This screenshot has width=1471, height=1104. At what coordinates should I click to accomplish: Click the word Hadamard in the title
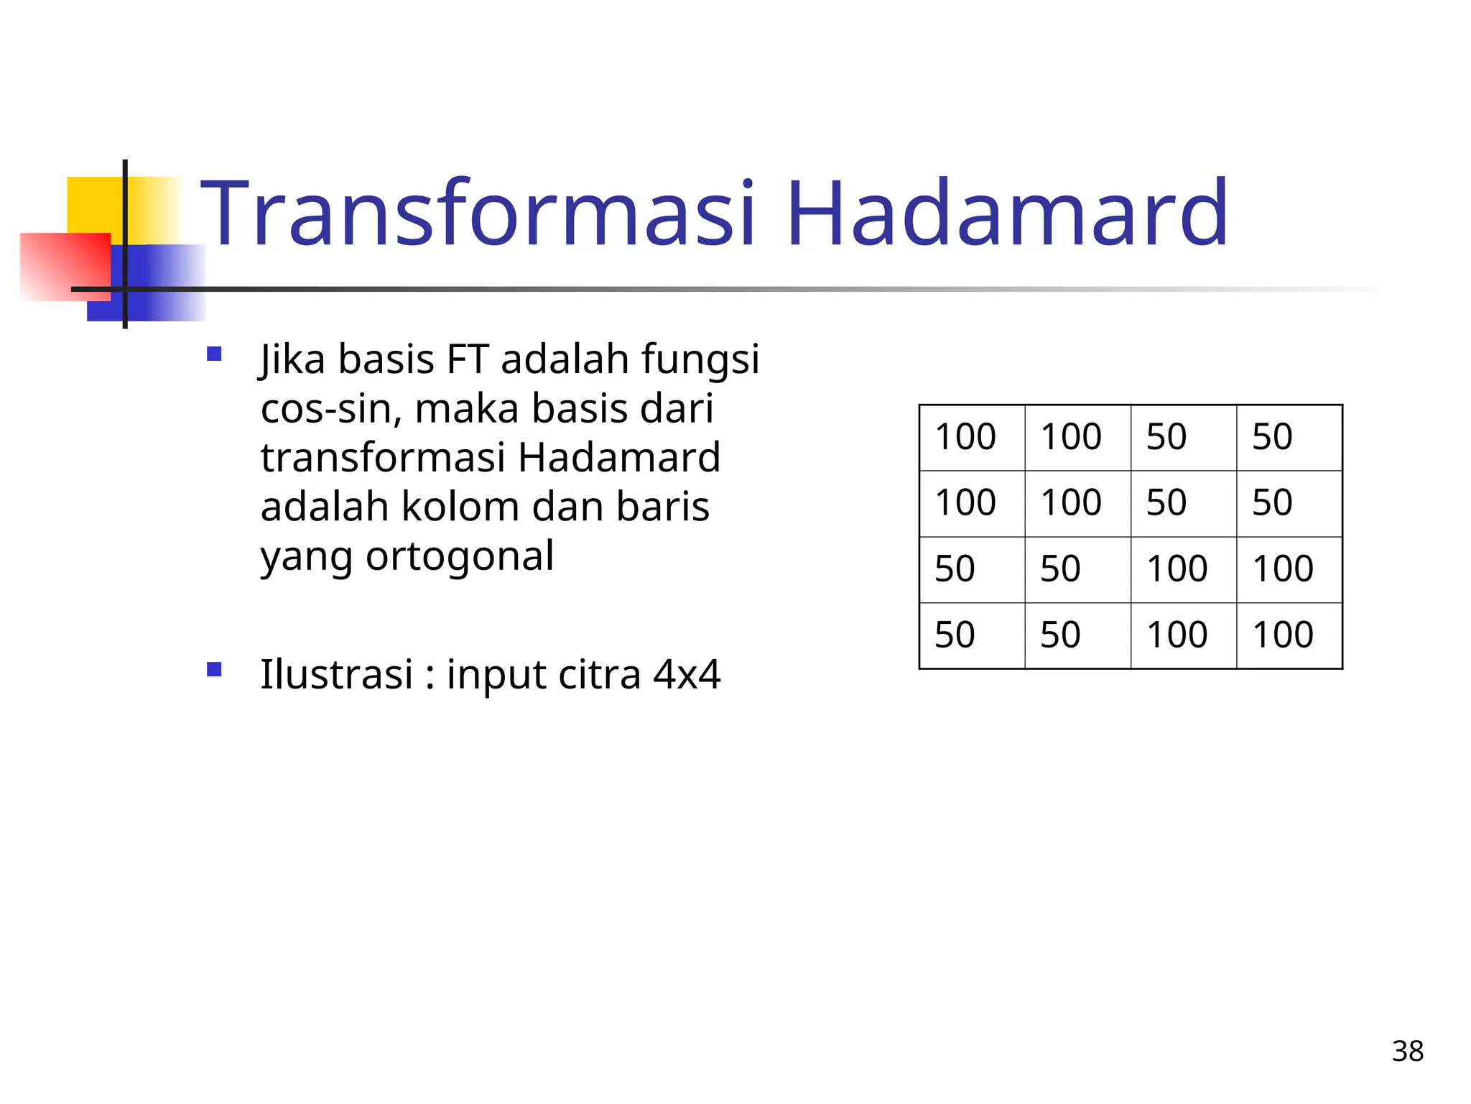(x=1007, y=214)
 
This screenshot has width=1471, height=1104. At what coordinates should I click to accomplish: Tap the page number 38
(x=1407, y=1052)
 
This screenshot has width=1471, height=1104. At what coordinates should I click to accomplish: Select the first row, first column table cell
(x=972, y=438)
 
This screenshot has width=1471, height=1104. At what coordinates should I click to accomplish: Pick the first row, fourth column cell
(x=1289, y=438)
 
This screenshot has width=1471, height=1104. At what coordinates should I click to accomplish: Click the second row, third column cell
(x=1183, y=503)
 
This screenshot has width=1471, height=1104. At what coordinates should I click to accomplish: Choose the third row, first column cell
(x=972, y=569)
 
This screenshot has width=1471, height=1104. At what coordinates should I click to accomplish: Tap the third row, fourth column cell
(x=1289, y=569)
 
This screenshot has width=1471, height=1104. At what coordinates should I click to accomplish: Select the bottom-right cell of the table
(x=1289, y=635)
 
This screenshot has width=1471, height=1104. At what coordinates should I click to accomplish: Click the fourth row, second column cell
(x=1077, y=635)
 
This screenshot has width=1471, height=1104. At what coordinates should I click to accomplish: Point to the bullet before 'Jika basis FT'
(x=214, y=354)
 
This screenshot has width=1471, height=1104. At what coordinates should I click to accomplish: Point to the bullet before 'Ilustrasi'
(x=214, y=670)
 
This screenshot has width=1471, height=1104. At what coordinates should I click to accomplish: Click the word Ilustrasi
(x=336, y=674)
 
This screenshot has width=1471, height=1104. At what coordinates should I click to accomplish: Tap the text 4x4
(x=686, y=674)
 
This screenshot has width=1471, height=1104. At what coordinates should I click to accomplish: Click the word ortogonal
(x=460, y=556)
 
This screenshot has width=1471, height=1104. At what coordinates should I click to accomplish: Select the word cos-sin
(x=327, y=408)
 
